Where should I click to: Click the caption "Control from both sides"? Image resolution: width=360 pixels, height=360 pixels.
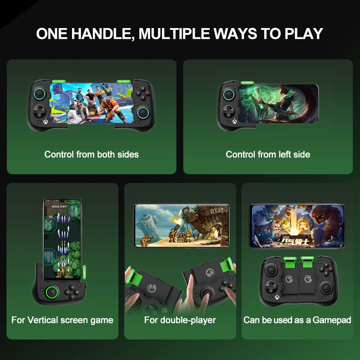pos(91,154)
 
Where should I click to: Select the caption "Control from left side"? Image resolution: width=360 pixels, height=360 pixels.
pos(268,154)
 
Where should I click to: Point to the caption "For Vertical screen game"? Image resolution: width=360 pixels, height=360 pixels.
pos(62,320)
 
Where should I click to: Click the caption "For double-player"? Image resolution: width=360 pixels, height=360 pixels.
pos(180,320)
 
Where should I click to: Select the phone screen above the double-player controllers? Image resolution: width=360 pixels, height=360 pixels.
pos(181,226)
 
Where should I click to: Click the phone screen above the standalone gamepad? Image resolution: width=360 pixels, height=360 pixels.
pos(297,226)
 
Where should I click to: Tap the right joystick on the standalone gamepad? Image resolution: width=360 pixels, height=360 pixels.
pos(328,287)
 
